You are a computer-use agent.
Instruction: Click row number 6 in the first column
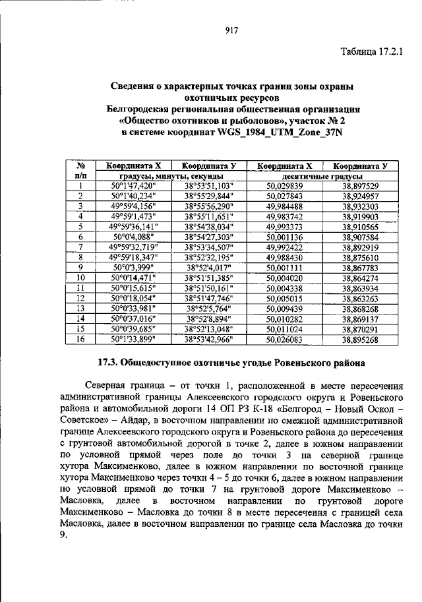[x=80, y=236]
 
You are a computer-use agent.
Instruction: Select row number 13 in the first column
[x=80, y=307]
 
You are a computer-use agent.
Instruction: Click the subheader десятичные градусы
[x=322, y=177]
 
